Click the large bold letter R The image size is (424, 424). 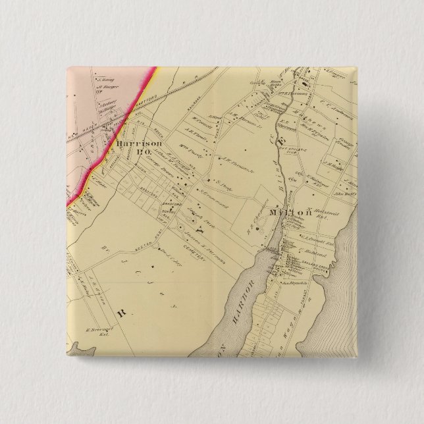120,307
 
